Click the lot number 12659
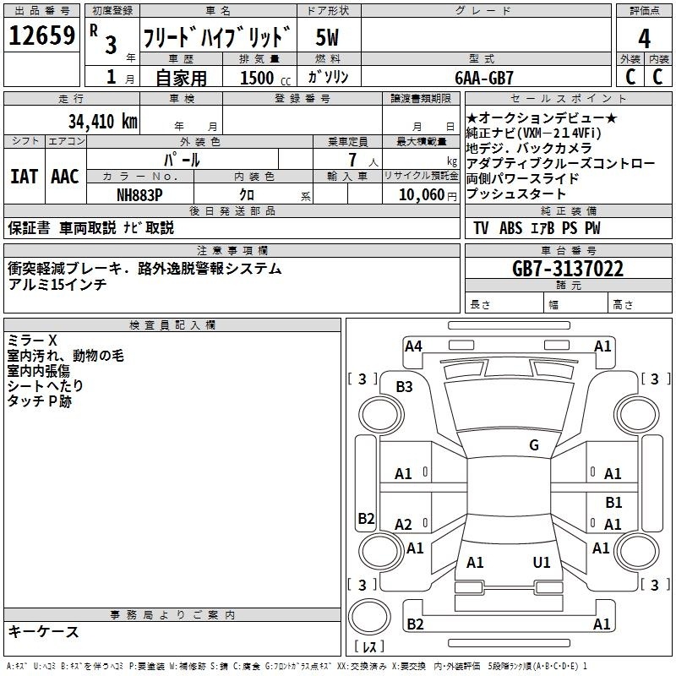pyautogui.click(x=41, y=35)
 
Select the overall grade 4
pyautogui.click(x=644, y=39)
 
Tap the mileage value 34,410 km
pyautogui.click(x=102, y=122)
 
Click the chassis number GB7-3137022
pyautogui.click(x=568, y=269)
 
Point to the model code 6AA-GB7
pyautogui.click(x=484, y=78)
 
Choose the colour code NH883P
pyautogui.click(x=139, y=195)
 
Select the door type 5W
pyautogui.click(x=327, y=37)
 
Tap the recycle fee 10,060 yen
pyautogui.click(x=428, y=195)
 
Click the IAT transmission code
pyautogui.click(x=24, y=177)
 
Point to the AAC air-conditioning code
pyautogui.click(x=65, y=177)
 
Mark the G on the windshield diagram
pyautogui.click(x=534, y=444)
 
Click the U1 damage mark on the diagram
pyautogui.click(x=542, y=562)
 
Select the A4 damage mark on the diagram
pyautogui.click(x=413, y=346)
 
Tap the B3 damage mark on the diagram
pyautogui.click(x=405, y=387)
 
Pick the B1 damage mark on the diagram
pyautogui.click(x=613, y=502)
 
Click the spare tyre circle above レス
pyautogui.click(x=369, y=617)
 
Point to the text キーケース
pyautogui.click(x=43, y=631)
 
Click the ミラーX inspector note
pyautogui.click(x=32, y=341)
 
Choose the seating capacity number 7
pyautogui.click(x=352, y=160)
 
